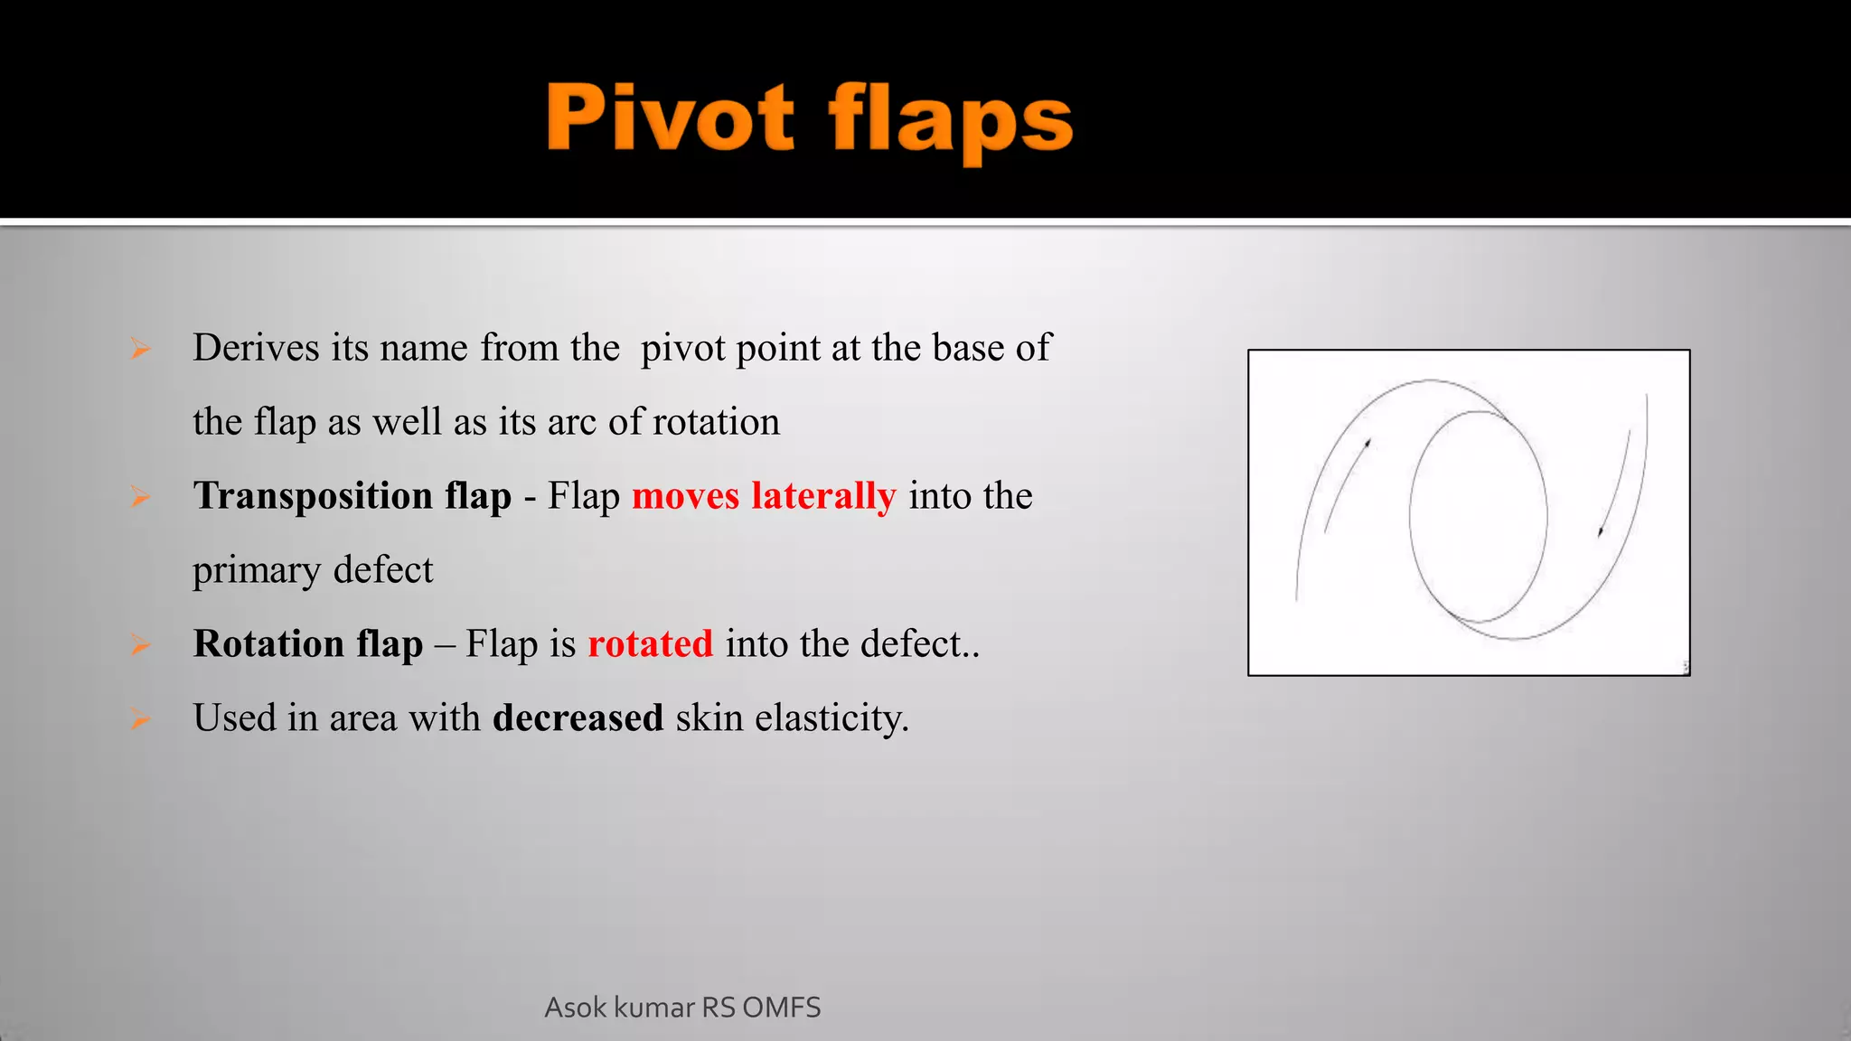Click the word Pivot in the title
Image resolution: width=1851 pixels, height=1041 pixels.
670,117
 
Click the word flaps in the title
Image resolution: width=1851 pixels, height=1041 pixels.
950,122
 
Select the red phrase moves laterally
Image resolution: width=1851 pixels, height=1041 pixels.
764,496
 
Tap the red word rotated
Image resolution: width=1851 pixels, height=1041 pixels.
650,644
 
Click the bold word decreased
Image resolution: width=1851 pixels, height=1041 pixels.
578,718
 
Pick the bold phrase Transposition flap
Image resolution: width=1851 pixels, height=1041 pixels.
352,496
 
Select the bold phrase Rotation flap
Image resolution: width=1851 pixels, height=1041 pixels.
307,644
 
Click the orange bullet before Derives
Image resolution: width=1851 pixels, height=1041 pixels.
139,349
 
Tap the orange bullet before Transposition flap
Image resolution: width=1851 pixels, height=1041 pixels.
139,496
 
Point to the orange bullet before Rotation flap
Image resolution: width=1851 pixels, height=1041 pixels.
139,644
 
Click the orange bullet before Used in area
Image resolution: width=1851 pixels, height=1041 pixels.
139,719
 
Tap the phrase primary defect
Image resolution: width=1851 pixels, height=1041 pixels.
313,570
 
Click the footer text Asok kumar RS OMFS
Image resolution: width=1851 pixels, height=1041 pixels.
682,1007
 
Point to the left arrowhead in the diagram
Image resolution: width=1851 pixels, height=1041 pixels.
1368,443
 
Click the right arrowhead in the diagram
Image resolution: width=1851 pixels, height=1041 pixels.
1601,531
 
